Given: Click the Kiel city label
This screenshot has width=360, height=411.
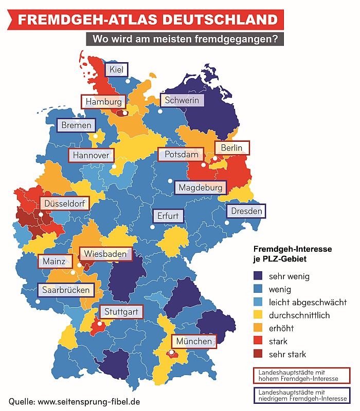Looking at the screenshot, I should tap(116, 70).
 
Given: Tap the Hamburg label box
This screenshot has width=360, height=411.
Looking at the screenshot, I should tap(104, 102).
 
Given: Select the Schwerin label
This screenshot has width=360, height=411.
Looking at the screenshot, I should tap(182, 100).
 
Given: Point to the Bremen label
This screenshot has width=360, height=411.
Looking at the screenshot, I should tap(76, 125).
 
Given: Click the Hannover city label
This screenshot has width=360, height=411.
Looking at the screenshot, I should tap(91, 155).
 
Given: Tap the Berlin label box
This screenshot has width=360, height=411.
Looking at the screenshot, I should tap(231, 148).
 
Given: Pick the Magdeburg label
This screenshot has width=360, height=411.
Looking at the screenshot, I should tap(201, 188).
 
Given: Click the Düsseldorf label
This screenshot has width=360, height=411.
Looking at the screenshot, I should tap(64, 203).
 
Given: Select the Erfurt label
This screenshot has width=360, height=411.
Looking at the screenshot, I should tap(168, 216).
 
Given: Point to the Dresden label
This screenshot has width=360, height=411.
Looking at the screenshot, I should tap(246, 211).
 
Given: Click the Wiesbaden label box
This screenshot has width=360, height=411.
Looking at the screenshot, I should tap(105, 254).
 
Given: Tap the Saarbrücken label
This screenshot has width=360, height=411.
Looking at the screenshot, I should tap(66, 290).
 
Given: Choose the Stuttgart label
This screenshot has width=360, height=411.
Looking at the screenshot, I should tap(121, 311).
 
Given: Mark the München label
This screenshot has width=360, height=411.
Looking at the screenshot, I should tap(194, 341).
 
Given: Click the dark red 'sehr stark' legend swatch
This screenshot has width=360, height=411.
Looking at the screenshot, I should tap(259, 354).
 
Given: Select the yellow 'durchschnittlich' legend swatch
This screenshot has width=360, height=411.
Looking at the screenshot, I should tap(259, 315).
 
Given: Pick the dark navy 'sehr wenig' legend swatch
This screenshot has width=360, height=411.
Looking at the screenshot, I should tap(259, 276).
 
